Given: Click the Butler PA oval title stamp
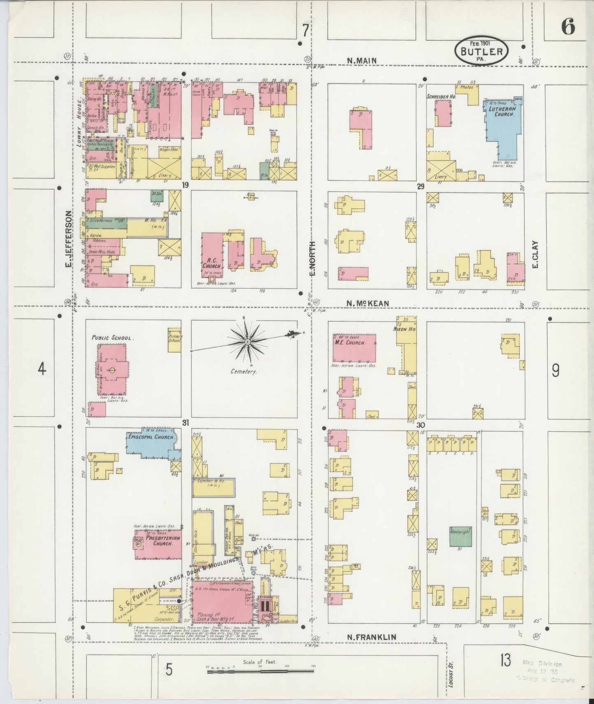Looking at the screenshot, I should [x=481, y=51].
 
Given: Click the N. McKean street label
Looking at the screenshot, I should [x=367, y=304].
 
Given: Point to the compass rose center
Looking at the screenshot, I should [x=248, y=342].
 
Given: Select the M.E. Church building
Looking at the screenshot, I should [x=354, y=348].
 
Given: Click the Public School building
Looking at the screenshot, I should [x=112, y=368].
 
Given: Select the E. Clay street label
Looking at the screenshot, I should [x=535, y=254].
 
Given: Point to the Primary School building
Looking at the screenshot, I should [x=175, y=339].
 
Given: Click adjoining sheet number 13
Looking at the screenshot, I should [x=506, y=661].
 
